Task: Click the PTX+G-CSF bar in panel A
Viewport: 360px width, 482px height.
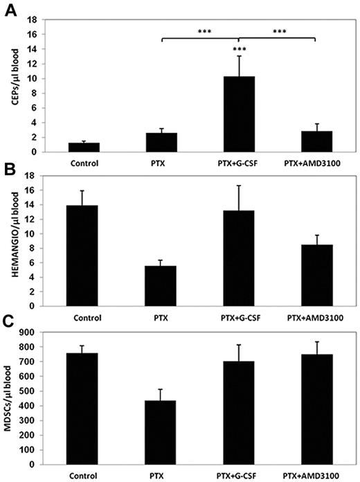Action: [239, 114]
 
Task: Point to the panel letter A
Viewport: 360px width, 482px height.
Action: [10, 10]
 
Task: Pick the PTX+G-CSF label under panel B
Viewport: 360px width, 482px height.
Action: [239, 319]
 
